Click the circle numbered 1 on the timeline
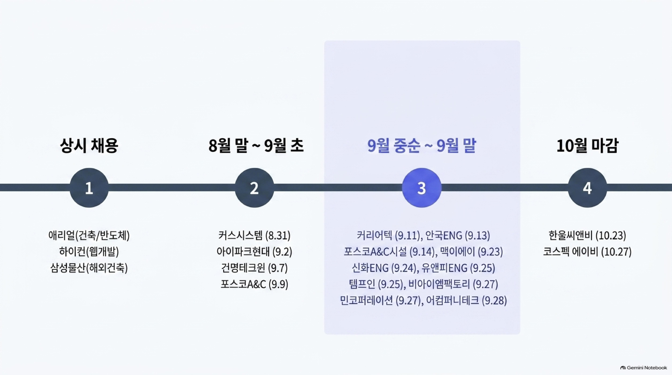[89, 188]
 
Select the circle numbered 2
[254, 188]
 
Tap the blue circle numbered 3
[422, 188]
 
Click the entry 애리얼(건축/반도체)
[89, 235]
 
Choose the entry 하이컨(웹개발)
[89, 252]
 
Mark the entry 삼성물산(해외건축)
[89, 268]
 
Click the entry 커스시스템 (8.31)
[254, 235]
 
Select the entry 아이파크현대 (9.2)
[254, 252]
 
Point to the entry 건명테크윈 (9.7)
[254, 268]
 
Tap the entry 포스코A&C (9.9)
[254, 284]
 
